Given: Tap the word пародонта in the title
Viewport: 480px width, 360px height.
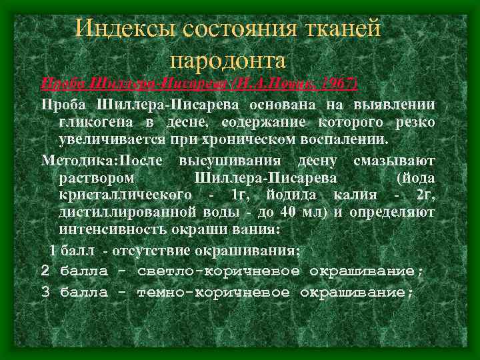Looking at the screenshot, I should (228, 60).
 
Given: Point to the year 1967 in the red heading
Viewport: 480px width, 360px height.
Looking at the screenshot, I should (337, 85).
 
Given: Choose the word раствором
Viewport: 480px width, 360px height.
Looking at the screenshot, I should (97, 179).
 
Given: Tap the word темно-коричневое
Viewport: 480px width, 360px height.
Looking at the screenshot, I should (213, 292).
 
